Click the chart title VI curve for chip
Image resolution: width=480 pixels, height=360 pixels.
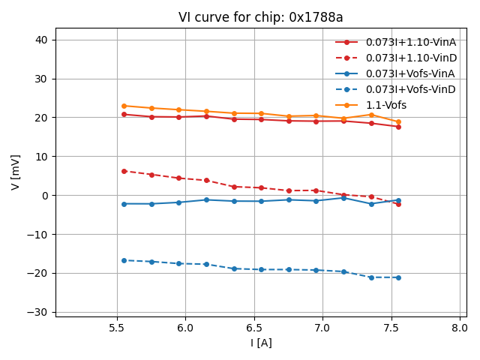coord(260,17)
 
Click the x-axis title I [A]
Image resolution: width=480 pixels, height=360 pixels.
coord(260,343)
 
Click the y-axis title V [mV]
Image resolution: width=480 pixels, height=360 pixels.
coord(16,172)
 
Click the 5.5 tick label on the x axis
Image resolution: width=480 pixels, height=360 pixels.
coord(117,327)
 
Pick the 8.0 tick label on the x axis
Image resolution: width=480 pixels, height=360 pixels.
coord(460,327)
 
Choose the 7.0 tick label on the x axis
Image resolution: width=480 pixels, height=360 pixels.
coord(322,327)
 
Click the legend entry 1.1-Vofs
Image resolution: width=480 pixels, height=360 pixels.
coord(385,105)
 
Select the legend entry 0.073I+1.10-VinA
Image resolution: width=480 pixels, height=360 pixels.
coord(411,42)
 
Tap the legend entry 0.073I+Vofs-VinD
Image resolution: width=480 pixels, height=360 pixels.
coord(410,89)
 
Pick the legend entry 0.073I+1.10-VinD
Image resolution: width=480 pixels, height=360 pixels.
coord(411,58)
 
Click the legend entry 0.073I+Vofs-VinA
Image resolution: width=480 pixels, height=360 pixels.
coord(410,73)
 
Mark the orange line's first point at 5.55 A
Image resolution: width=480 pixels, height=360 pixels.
coord(124,106)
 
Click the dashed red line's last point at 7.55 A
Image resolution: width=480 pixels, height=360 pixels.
coord(398,204)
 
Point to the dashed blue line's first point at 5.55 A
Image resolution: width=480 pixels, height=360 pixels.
coord(124,260)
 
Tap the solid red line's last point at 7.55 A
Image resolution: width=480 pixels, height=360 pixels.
coord(398,127)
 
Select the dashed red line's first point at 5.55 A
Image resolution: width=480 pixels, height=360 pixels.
coord(124,171)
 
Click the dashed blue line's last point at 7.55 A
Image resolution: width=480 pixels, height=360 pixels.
coord(398,277)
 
